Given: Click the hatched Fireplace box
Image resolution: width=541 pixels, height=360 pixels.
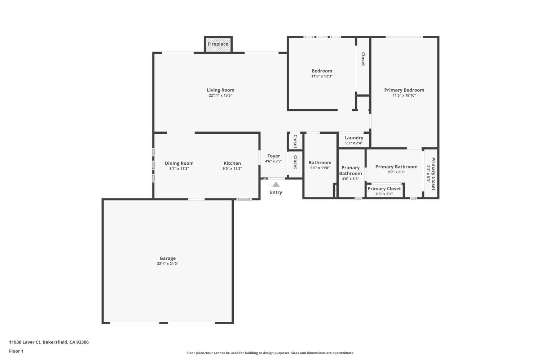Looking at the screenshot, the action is pyautogui.click(x=218, y=44).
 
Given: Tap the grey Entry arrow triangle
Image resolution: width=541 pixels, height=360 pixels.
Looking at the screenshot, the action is pyautogui.click(x=276, y=185).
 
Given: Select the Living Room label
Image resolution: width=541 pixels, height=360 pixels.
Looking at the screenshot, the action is pyautogui.click(x=220, y=90).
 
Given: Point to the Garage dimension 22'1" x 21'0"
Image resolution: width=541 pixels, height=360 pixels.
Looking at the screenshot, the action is pyautogui.click(x=168, y=264).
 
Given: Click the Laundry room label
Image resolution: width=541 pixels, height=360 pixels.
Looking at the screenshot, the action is pyautogui.click(x=354, y=138).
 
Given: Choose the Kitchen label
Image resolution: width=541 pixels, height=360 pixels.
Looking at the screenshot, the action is pyautogui.click(x=232, y=163).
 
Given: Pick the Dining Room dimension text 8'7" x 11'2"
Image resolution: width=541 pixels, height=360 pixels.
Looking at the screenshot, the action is pyautogui.click(x=179, y=169).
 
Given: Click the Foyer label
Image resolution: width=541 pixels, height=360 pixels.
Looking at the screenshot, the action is pyautogui.click(x=274, y=156).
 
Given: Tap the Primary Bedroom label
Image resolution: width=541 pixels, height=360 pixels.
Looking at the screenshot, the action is pyautogui.click(x=404, y=90).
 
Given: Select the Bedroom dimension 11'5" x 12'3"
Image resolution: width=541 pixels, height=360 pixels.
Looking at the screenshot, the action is pyautogui.click(x=322, y=76).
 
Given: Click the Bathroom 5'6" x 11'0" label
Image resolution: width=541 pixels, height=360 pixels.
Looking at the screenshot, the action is pyautogui.click(x=320, y=165).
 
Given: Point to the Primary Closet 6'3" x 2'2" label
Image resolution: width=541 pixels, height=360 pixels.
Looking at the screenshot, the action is pyautogui.click(x=384, y=191).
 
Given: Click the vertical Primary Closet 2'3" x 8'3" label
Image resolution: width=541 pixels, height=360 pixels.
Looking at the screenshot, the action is pyautogui.click(x=431, y=174).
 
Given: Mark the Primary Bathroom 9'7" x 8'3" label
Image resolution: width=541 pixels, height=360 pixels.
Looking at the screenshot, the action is pyautogui.click(x=396, y=169).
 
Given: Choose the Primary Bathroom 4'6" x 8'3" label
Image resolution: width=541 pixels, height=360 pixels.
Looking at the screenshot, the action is pyautogui.click(x=351, y=173).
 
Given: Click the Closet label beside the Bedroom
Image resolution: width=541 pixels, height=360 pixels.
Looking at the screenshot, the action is pyautogui.click(x=363, y=59).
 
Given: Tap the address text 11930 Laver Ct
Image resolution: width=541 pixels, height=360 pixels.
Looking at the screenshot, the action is pyautogui.click(x=25, y=342).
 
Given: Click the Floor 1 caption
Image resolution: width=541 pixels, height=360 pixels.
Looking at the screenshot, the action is pyautogui.click(x=16, y=351).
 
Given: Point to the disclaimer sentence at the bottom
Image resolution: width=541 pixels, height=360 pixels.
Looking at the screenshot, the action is pyautogui.click(x=270, y=353).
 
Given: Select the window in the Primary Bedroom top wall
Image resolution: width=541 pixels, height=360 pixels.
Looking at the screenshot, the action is pyautogui.click(x=404, y=37).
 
